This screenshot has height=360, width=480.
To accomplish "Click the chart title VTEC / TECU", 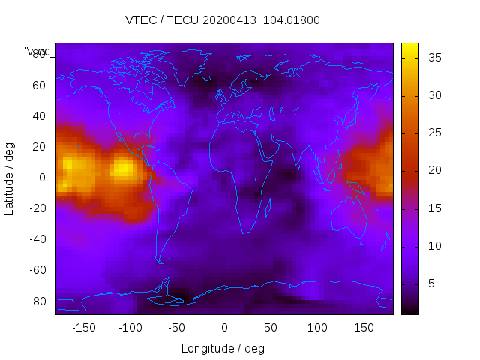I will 223,20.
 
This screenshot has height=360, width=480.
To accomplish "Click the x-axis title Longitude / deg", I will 223,349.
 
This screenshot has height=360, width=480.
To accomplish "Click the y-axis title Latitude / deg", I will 10,178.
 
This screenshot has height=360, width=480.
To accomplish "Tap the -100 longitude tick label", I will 130,328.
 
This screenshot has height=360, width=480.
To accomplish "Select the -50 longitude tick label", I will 177,328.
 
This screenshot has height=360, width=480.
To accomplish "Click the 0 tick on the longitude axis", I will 224,328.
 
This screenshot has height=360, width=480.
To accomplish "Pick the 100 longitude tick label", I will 317,328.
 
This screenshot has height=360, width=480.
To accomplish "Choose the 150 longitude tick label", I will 364,328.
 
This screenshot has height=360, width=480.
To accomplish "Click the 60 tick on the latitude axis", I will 39,85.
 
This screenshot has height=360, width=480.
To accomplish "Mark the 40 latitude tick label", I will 39,116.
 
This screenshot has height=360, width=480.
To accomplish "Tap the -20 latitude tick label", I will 37,208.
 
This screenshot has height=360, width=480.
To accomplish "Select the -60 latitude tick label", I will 37,270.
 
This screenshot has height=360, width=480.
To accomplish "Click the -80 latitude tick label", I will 37,301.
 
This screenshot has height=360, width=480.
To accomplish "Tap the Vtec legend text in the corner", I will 38,52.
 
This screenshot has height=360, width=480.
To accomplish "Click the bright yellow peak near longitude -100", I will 122,169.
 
